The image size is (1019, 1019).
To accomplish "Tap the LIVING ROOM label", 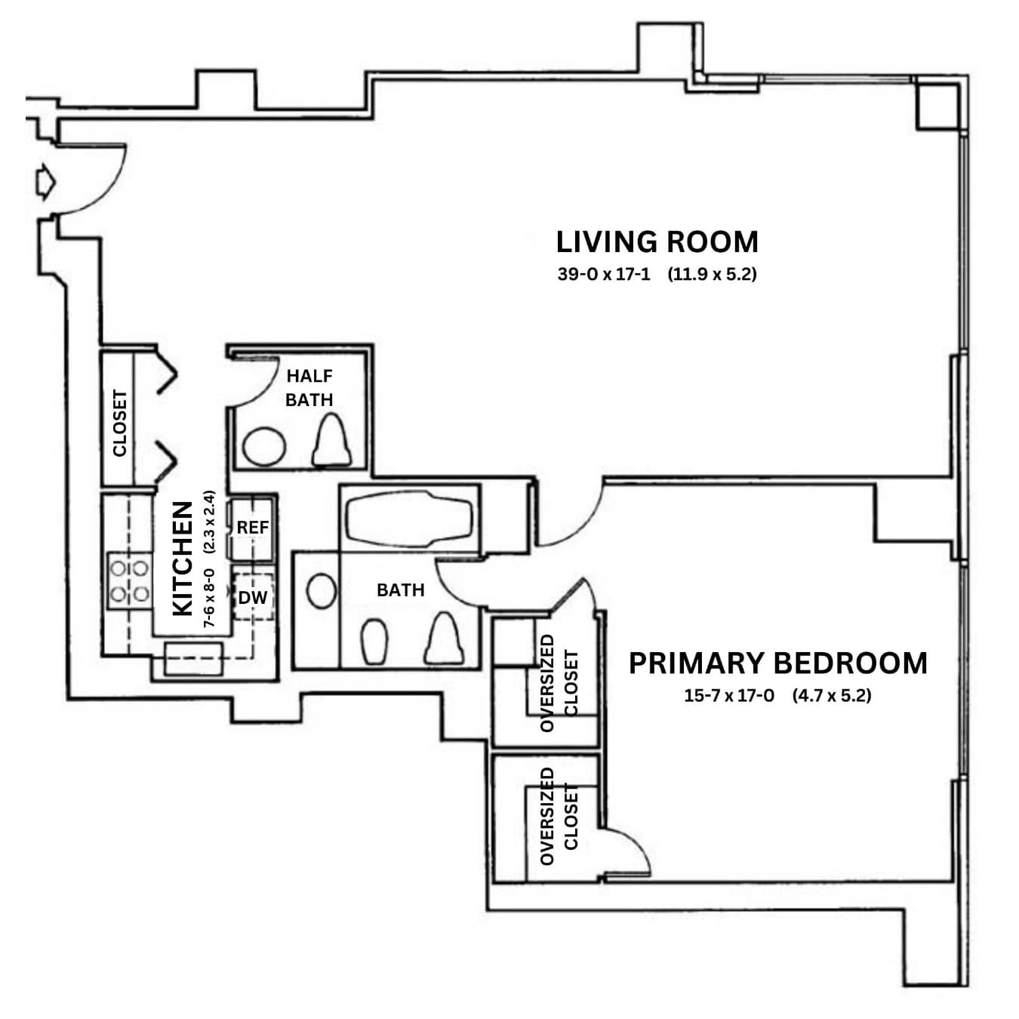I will pos(657,242).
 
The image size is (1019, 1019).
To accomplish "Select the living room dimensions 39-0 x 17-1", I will pos(603,274).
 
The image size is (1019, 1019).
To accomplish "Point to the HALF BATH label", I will pos(309,387).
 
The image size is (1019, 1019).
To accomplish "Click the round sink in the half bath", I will pos(264,446).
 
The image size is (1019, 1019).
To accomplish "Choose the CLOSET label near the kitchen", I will pos(119,423).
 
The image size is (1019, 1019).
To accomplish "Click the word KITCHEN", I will pos(183,559).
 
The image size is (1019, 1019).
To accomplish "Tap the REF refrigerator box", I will pos(252,528).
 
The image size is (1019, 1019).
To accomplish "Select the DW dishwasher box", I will pos(253,598).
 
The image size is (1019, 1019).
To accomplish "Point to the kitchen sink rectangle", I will pos(194,658).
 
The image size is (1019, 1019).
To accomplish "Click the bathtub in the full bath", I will pos(409,519).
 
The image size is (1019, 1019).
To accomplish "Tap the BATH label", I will pos(400,590).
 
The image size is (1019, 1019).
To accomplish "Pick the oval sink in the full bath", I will pos(322,592).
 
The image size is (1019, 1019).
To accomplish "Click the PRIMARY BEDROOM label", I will pos(777,663).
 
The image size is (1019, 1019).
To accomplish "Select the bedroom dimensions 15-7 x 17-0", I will pos(728,695).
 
